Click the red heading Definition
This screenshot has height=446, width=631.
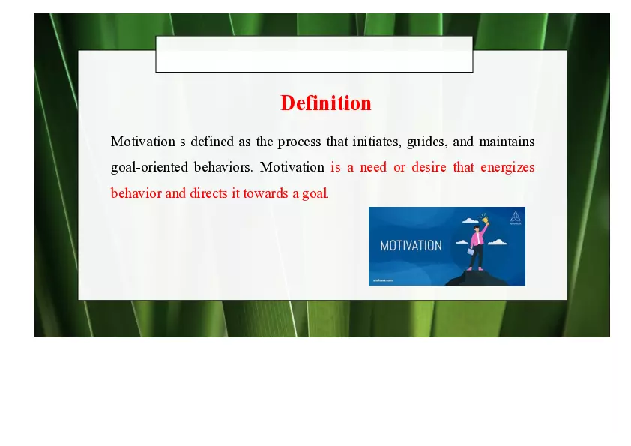tap(325, 103)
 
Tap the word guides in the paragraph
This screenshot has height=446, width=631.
tap(426, 142)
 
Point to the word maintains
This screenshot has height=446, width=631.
tap(507, 142)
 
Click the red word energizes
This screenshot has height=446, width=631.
tap(506, 167)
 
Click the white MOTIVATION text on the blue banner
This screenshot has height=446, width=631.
tap(411, 245)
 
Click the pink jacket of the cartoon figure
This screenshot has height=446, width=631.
tap(477, 239)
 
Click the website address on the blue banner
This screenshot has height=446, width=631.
tap(382, 280)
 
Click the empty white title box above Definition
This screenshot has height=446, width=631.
tap(314, 54)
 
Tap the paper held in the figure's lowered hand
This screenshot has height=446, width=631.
tap(470, 252)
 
